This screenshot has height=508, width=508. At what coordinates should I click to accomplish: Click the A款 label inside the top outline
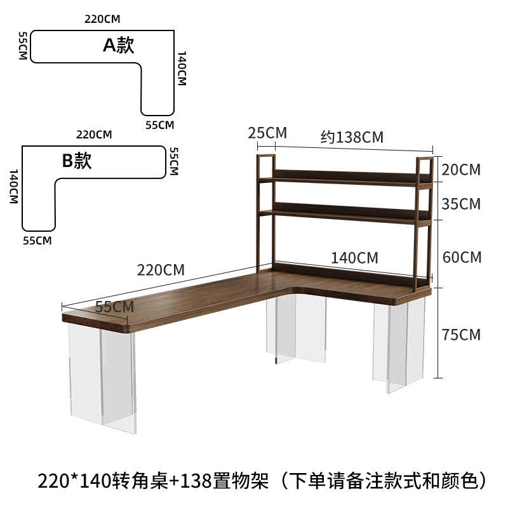click(x=119, y=45)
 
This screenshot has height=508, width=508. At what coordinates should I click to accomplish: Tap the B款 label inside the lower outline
click(x=77, y=161)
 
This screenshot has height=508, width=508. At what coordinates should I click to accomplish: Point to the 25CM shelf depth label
click(x=267, y=133)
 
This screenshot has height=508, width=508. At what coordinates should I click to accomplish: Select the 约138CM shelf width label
click(x=352, y=137)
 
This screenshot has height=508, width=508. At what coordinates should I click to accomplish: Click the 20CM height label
click(x=462, y=170)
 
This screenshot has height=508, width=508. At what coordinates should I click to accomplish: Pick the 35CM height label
click(x=462, y=204)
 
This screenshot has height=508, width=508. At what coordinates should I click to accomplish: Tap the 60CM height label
click(x=462, y=257)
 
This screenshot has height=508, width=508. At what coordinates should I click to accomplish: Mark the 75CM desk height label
click(x=462, y=335)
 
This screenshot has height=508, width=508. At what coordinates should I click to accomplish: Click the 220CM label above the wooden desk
click(x=161, y=269)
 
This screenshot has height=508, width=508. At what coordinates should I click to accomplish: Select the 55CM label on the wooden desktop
click(x=114, y=306)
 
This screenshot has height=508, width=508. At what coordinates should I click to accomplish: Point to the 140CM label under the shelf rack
click(x=354, y=258)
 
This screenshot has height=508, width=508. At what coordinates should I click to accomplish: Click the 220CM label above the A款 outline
click(x=103, y=18)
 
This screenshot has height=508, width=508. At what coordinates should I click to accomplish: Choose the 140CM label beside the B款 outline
click(x=13, y=187)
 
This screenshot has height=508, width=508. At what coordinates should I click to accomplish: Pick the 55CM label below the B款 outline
click(x=37, y=240)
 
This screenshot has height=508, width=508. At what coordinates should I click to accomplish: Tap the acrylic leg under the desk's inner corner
click(x=297, y=330)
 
